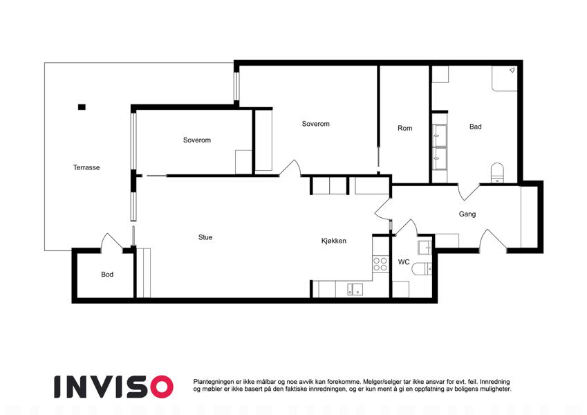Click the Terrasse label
coord(86,167)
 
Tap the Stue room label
coord(205,237)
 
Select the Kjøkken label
coord(333,241)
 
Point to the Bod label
coord(107,275)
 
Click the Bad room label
coord(476,127)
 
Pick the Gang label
coord(467,214)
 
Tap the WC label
coord(404,262)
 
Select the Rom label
coord(404,128)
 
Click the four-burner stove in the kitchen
coord(380,264)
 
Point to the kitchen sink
coord(355,289)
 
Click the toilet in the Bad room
coord(497,173)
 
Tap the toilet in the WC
coord(422,269)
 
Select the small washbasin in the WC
coord(425,248)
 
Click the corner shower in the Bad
coord(504,78)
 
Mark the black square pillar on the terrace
coord(82,107)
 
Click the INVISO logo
coord(114,387)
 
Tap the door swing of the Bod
coord(111,241)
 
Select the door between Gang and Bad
coord(468,192)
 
